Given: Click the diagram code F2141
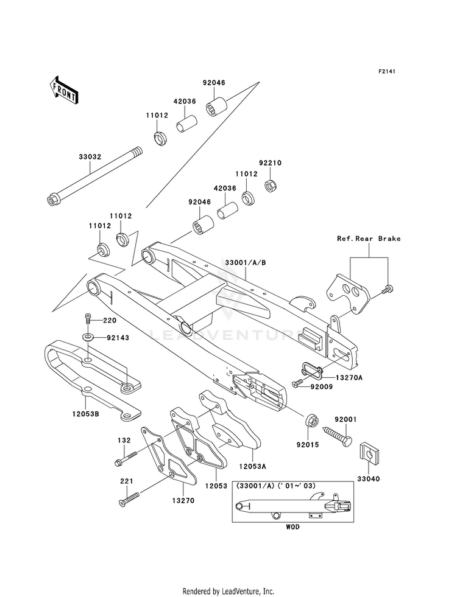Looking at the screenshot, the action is click(386, 71).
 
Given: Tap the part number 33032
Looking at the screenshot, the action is click(90, 156).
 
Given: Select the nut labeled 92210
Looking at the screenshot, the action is click(271, 186).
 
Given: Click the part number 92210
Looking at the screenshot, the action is click(270, 163).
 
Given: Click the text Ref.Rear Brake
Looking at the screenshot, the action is click(369, 239).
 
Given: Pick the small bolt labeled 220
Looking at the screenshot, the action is click(88, 318).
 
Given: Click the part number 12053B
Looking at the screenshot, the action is click(86, 414).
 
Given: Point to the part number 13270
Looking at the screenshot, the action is click(184, 501).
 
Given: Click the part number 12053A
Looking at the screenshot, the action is click(253, 466).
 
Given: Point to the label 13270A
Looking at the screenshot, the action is click(349, 378).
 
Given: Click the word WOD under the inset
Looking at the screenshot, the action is click(292, 527).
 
